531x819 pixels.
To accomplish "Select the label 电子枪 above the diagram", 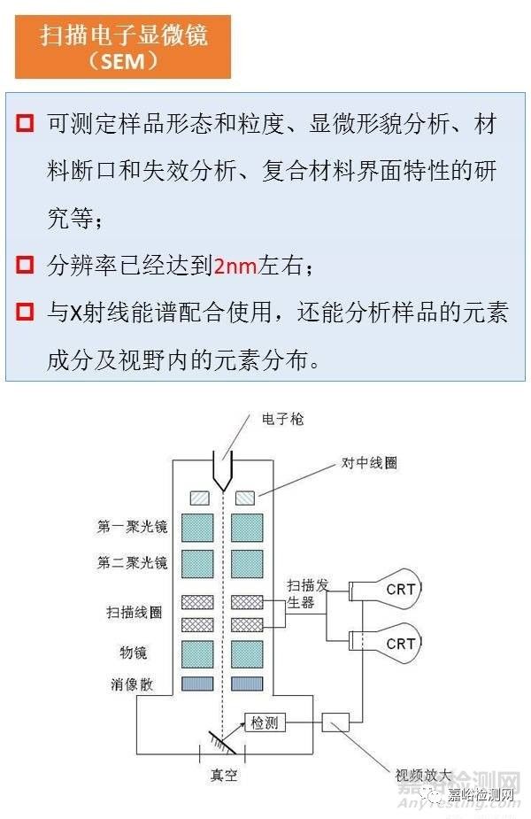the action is pos(282,420).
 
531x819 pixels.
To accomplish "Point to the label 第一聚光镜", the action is pos(134,528).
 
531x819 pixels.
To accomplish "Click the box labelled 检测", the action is pos(265,722).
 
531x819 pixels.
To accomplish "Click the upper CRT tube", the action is pos(394,588).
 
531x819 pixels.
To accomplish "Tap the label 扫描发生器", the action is pos(304,593).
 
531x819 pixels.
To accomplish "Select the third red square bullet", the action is pos(25,312).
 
